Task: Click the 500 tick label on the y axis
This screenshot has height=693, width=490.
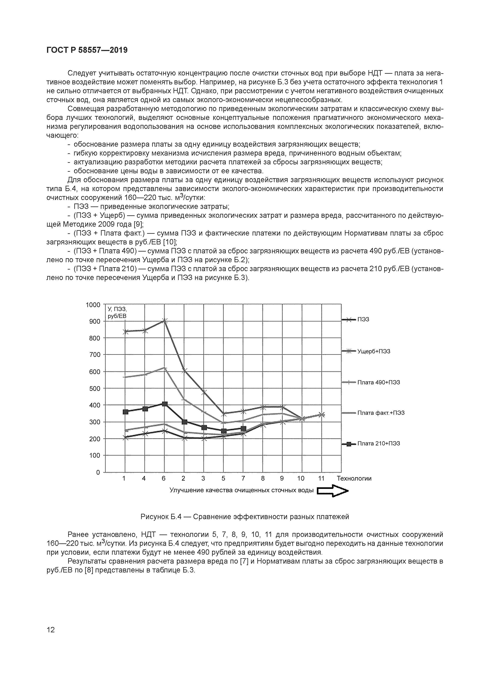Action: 94,388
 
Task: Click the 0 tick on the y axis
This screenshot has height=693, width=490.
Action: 98,472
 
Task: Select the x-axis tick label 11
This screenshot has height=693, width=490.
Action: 321,478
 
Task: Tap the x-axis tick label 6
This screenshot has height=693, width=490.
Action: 164,478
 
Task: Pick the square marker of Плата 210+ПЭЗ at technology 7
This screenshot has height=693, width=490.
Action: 243,429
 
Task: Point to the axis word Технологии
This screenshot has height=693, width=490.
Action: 354,478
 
